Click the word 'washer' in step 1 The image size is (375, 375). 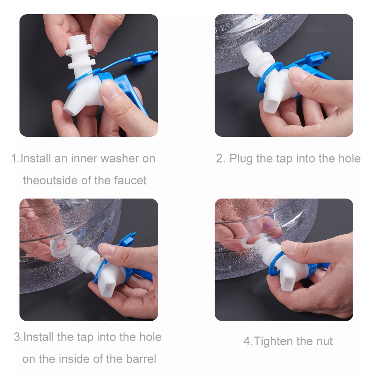[x=120, y=158]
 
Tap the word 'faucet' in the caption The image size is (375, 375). [x=130, y=180]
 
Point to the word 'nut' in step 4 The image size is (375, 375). [x=324, y=342]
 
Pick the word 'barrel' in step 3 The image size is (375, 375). [x=141, y=359]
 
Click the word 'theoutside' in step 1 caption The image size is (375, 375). [x=51, y=180]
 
